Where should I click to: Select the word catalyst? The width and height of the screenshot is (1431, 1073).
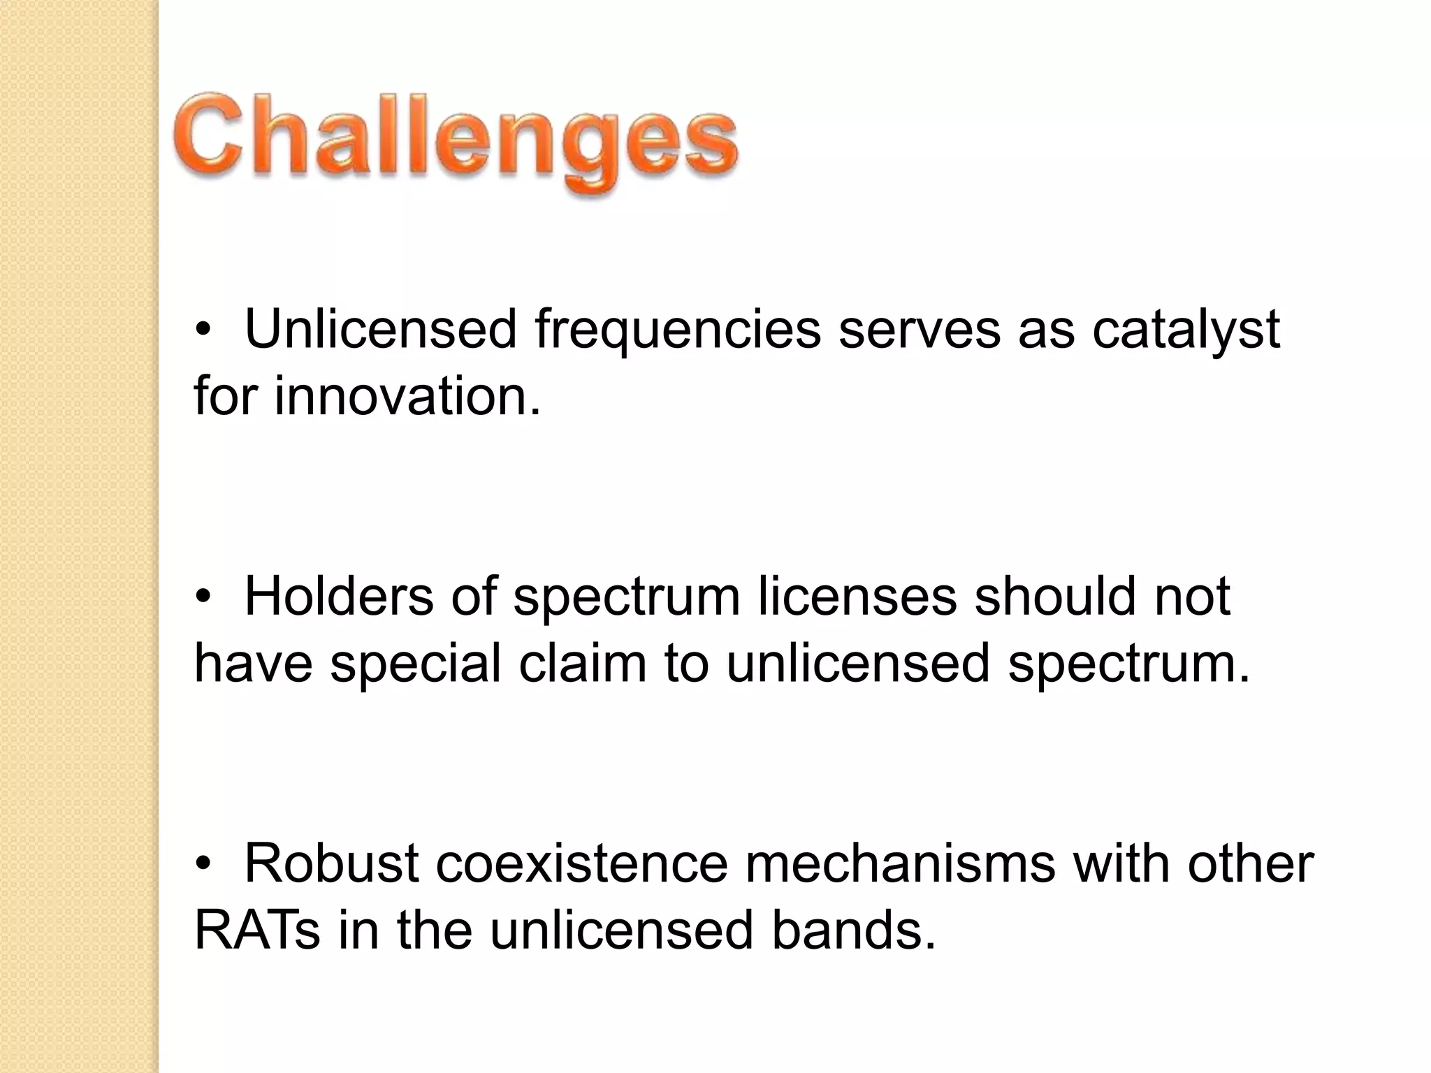tap(1186, 330)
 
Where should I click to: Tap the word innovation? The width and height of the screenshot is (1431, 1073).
tap(407, 396)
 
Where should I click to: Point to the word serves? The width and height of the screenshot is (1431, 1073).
tap(920, 330)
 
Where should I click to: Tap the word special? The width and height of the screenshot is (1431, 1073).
tap(415, 664)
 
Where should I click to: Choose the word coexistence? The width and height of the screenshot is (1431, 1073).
tap(582, 863)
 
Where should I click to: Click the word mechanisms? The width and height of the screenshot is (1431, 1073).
tap(901, 863)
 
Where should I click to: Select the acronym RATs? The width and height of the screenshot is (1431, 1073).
tap(257, 930)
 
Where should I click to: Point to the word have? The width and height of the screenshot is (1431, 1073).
tap(253, 664)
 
